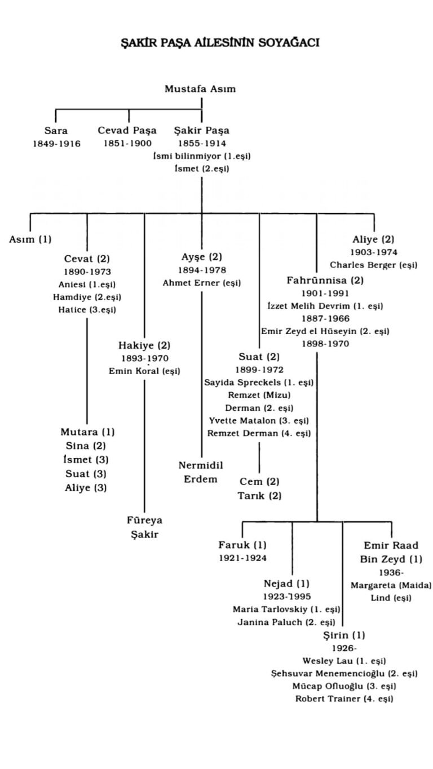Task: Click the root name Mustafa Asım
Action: tap(200, 89)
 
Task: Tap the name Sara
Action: tap(56, 131)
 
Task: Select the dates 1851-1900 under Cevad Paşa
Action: tap(127, 144)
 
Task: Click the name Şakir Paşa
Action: tap(202, 131)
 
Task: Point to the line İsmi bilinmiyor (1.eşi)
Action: tap(202, 156)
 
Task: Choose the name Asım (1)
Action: tap(30, 239)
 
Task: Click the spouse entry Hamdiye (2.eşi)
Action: tap(87, 297)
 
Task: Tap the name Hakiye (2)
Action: tap(144, 345)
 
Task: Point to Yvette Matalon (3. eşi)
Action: tap(259, 420)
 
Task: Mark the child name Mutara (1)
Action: tap(87, 432)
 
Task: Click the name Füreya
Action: tap(144, 521)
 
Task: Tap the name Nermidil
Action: tap(201, 465)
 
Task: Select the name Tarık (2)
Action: tap(260, 496)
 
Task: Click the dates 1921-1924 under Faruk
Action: tap(243, 558)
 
